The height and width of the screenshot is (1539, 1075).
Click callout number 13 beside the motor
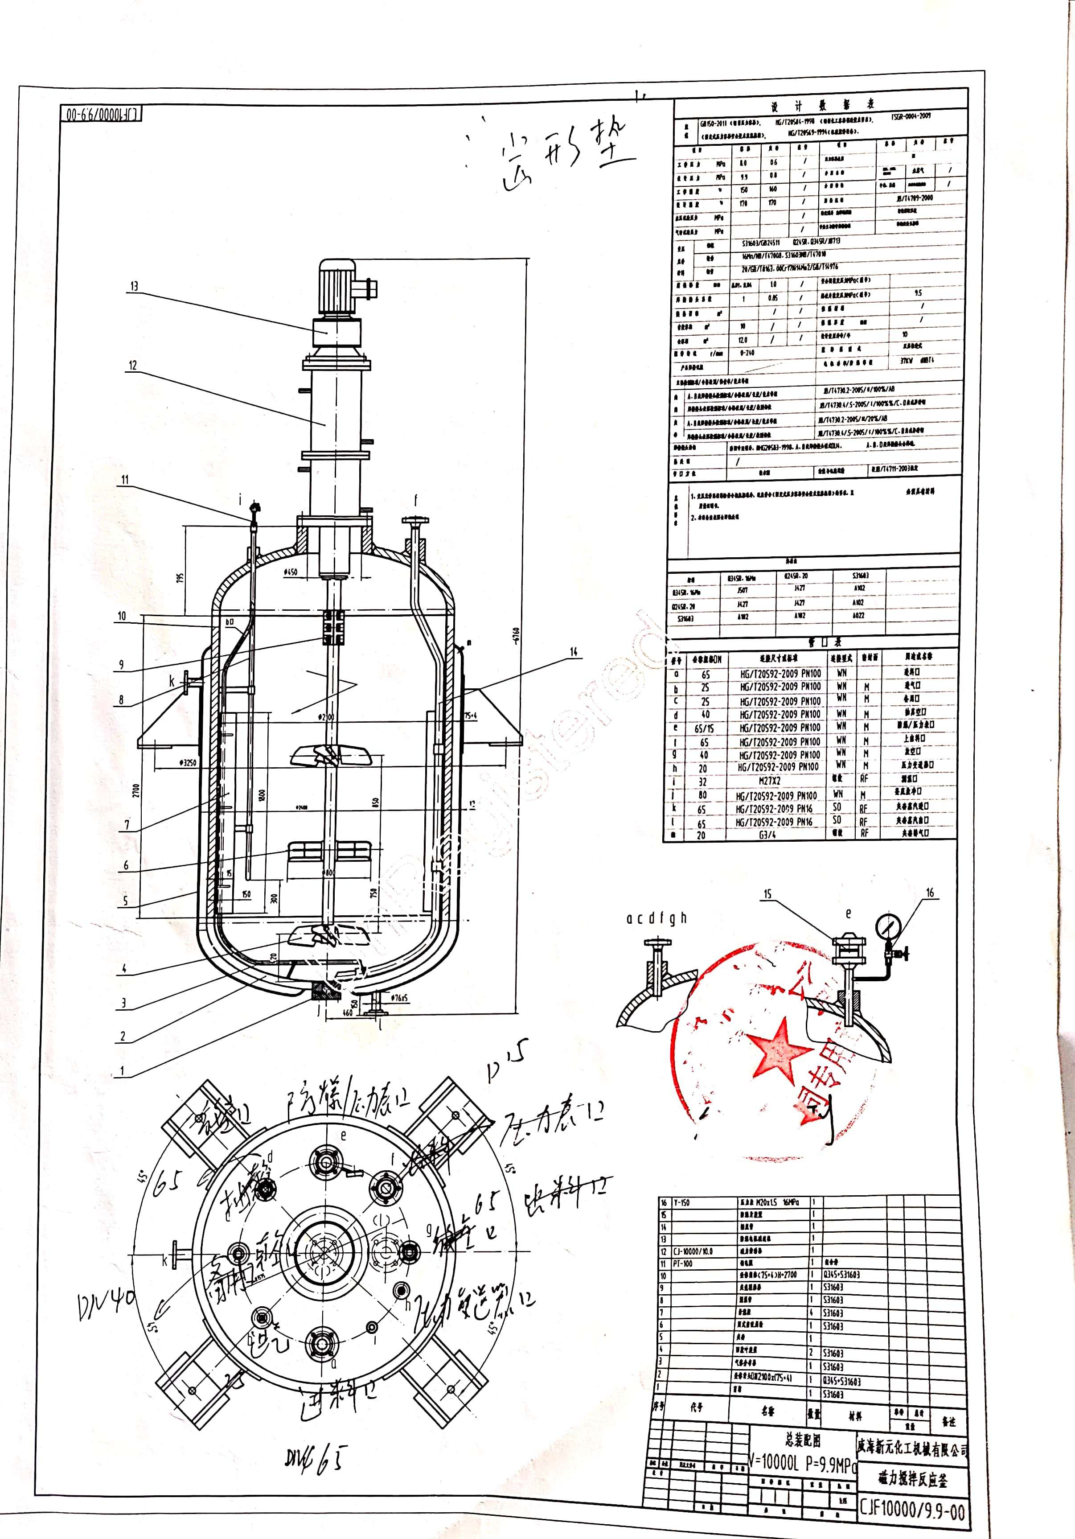tap(134, 286)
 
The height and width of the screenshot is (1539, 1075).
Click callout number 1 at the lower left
tap(122, 1070)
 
